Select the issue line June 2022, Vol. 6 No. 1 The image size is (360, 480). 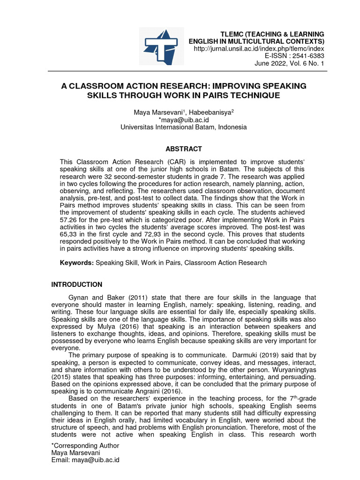tap(289, 63)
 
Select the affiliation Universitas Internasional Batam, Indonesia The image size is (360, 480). tap(183, 127)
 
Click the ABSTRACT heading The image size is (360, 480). tap(183, 149)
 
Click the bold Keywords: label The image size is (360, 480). tap(77, 263)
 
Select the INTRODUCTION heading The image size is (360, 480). tap(76, 285)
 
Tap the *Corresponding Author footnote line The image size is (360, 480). tap(85, 445)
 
